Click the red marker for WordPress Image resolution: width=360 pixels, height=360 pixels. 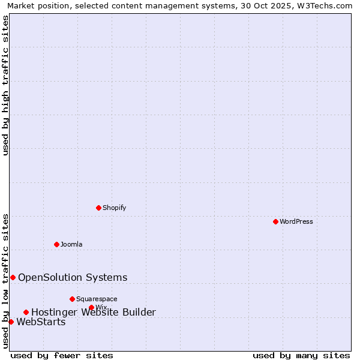tap(275, 221)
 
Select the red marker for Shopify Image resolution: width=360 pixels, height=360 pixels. tap(98, 208)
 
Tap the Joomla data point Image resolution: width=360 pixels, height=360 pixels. tap(56, 244)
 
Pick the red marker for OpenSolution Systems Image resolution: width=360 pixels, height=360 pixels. tap(13, 277)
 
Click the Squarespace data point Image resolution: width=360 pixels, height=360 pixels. tap(72, 299)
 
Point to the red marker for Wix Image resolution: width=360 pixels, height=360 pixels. tap(91, 307)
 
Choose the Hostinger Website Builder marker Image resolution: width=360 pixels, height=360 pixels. tap(26, 312)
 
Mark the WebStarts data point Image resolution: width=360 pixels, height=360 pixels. tap(11, 322)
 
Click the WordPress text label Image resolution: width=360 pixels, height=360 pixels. tap(296, 221)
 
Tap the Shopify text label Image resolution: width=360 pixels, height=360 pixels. tap(114, 208)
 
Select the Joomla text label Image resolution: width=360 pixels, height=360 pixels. tap(71, 244)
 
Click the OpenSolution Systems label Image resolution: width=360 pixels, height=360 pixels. tap(73, 277)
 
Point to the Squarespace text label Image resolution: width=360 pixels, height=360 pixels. tap(97, 299)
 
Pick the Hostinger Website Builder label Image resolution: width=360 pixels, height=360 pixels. tap(94, 312)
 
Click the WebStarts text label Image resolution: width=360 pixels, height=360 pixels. tap(41, 322)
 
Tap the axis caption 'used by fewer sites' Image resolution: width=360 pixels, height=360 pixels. tap(62, 355)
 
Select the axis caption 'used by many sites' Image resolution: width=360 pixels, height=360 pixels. tap(301, 355)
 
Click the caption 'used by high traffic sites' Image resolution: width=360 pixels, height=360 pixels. tap(5, 85)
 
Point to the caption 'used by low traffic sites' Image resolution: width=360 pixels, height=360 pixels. tap(5, 281)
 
